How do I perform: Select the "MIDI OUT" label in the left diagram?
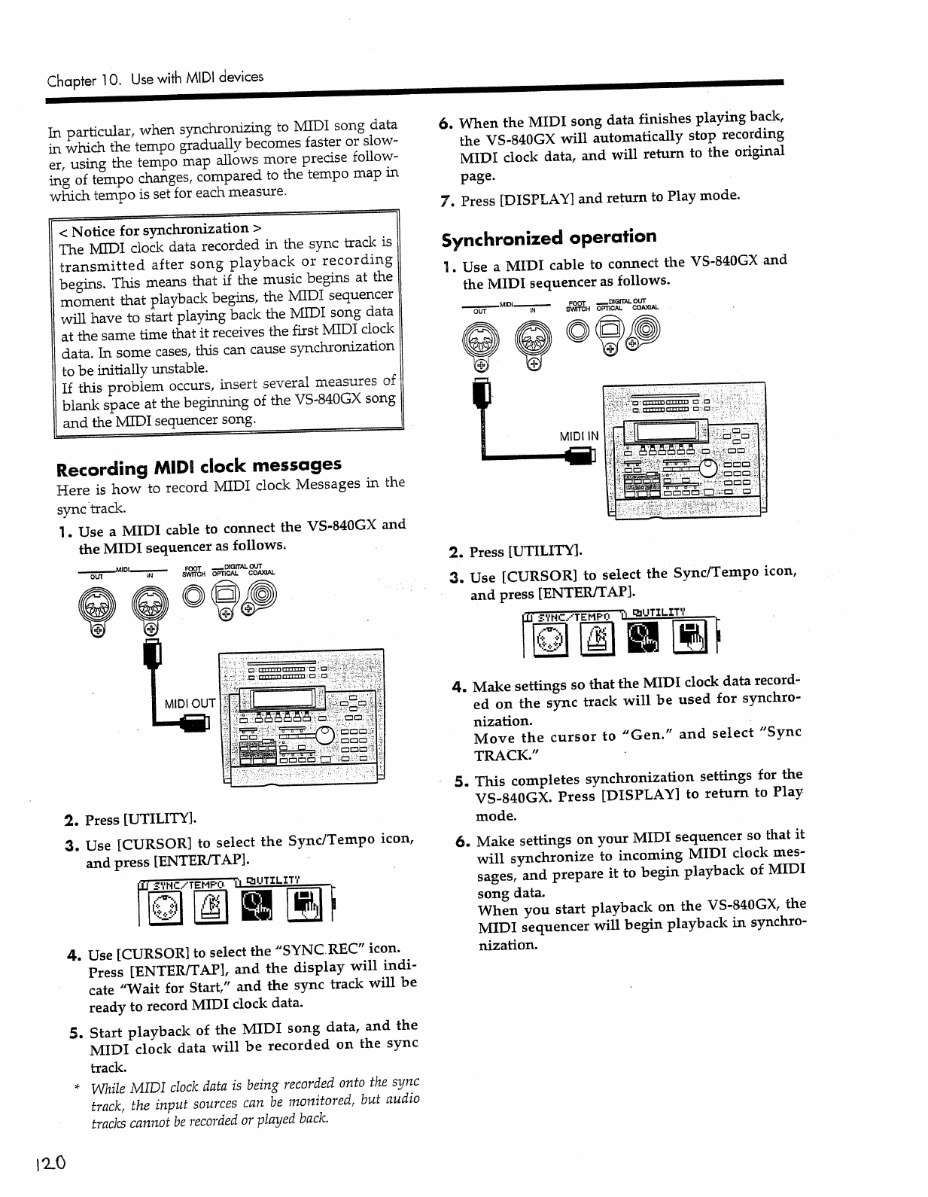point(190,704)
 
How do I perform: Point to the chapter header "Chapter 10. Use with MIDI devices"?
point(155,78)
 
